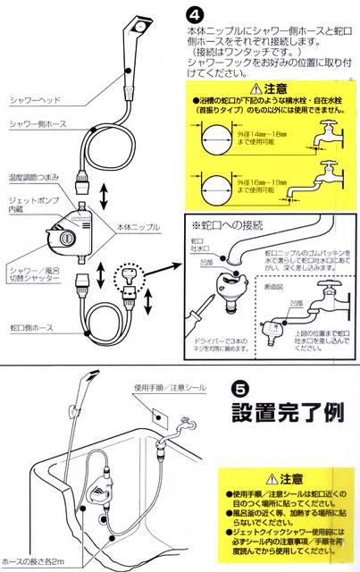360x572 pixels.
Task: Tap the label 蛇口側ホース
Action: point(31,329)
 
